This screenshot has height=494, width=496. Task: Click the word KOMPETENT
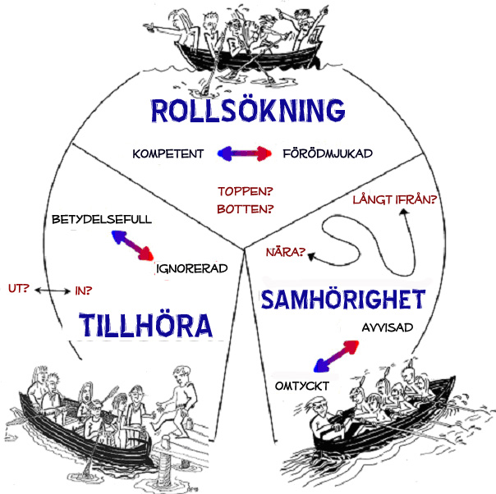[168, 153]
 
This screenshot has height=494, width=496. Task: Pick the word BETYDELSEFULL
[102, 220]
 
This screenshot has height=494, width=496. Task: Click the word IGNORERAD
[191, 268]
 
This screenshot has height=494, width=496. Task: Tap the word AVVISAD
[387, 327]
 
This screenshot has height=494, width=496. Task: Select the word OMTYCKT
[296, 383]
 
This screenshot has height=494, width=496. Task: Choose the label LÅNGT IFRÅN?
[393, 199]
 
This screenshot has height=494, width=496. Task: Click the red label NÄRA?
[285, 252]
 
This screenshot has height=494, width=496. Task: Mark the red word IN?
[83, 289]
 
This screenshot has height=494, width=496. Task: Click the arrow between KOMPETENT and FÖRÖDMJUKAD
[244, 153]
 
